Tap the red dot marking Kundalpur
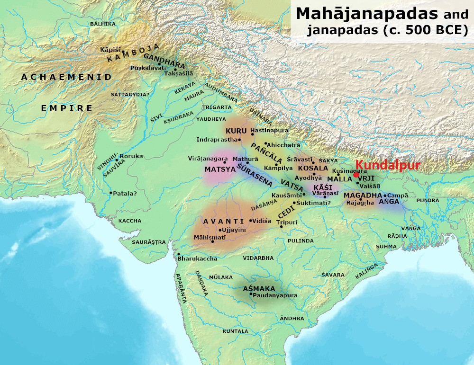[356, 175]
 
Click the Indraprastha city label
[217, 140]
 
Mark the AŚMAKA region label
[259, 288]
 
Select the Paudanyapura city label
[275, 295]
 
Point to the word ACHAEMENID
[66, 77]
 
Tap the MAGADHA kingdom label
[363, 195]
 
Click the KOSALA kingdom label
[312, 169]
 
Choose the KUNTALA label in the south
[236, 331]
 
